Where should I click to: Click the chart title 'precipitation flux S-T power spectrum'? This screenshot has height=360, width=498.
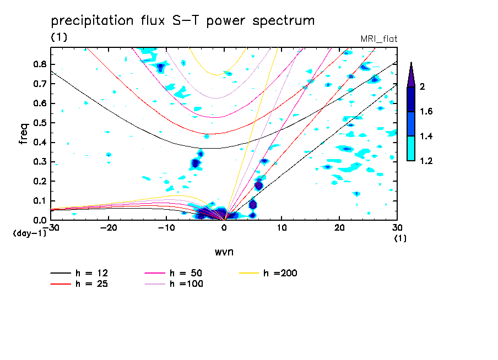click(183, 21)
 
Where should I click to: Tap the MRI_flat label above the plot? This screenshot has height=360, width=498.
click(378, 39)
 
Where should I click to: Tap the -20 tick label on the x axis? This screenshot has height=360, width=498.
click(109, 227)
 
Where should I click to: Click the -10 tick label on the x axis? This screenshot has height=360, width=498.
click(166, 227)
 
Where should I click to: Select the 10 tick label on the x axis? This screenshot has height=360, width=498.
click(282, 227)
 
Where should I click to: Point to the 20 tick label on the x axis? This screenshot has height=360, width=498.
click(339, 227)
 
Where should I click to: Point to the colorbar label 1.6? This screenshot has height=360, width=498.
click(426, 112)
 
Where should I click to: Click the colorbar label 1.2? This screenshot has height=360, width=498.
click(426, 161)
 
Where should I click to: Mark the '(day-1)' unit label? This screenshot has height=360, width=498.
click(30, 233)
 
